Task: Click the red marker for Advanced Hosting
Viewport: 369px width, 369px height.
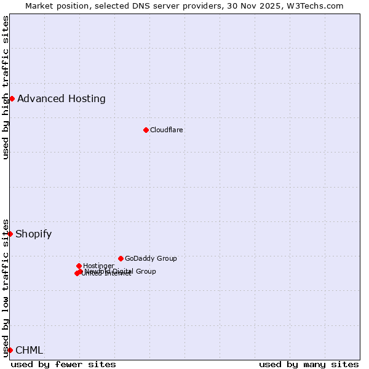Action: pyautogui.click(x=12, y=98)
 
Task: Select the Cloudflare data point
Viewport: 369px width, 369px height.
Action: pyautogui.click(x=146, y=130)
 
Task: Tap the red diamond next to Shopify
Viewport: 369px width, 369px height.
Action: pyautogui.click(x=10, y=234)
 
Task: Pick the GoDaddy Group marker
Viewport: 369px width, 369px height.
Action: pyautogui.click(x=121, y=258)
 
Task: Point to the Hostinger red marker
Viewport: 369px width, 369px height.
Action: pyautogui.click(x=79, y=266)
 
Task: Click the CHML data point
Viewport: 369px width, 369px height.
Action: pyautogui.click(x=10, y=350)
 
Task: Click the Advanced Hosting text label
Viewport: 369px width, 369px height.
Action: pyautogui.click(x=61, y=98)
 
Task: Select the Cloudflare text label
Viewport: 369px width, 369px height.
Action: pyautogui.click(x=167, y=130)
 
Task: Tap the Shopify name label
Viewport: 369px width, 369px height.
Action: pyautogui.click(x=34, y=234)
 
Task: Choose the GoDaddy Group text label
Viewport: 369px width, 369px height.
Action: pyautogui.click(x=151, y=258)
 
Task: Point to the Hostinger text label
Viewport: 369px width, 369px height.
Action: pyautogui.click(x=98, y=266)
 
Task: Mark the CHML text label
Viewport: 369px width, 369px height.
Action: pyautogui.click(x=30, y=351)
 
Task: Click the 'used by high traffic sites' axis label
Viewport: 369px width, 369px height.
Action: pyautogui.click(x=6, y=87)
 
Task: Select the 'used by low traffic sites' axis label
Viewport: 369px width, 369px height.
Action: pyautogui.click(x=6, y=288)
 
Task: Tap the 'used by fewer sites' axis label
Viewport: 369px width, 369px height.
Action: pyautogui.click(x=63, y=364)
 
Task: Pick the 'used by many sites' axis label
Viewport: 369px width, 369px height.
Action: pyautogui.click(x=309, y=364)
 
